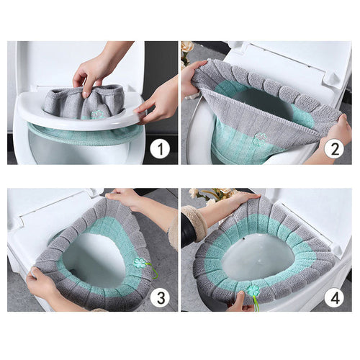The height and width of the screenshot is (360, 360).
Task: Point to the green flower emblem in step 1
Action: click(x=96, y=114)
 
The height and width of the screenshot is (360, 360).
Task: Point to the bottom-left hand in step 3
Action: click(x=40, y=284)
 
